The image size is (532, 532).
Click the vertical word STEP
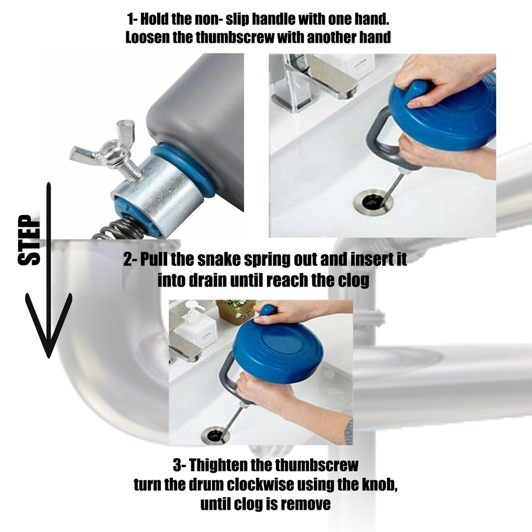pos(29,240)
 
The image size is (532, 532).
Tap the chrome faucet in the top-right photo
pos(312,78)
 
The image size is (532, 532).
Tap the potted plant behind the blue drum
pos(237,311)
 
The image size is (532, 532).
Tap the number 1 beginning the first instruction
pos(130,20)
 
